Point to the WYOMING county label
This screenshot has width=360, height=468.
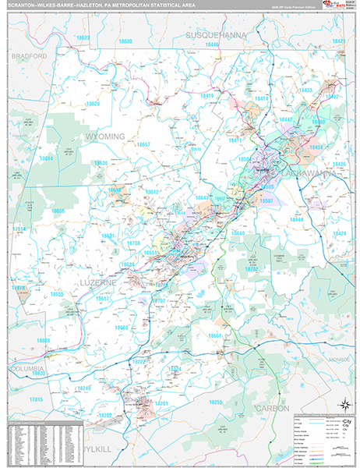coord(104,136)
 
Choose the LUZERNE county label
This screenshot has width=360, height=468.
coord(97,276)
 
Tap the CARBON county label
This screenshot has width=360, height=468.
coord(272,408)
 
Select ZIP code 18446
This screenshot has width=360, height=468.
coord(212,45)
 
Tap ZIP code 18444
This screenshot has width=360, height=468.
coord(296,220)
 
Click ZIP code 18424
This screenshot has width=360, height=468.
coord(339,233)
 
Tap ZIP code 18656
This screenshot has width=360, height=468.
coord(58,211)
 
